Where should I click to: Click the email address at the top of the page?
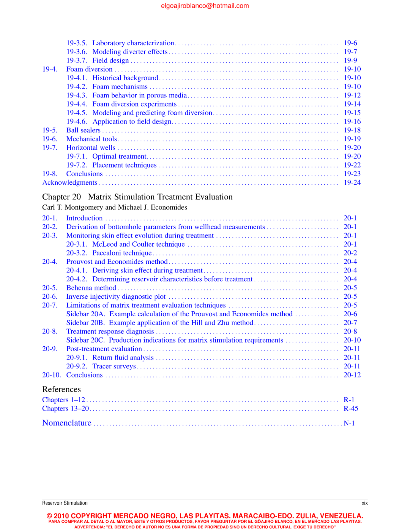coord(205,6)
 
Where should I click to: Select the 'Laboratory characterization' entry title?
coord(133,43)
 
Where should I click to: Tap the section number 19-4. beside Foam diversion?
coord(50,69)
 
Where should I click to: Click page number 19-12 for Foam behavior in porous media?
coord(352,95)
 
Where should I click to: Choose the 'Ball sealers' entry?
coord(83,130)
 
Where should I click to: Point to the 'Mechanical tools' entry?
coord(91,139)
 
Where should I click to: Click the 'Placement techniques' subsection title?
coord(124,165)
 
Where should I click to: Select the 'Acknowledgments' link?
coord(70,182)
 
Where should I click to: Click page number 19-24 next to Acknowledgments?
coord(352,182)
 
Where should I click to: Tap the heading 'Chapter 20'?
coord(61,197)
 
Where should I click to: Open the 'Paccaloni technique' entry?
coord(122,253)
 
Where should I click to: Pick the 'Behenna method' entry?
coord(91,288)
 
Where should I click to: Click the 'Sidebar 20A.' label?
coord(85,314)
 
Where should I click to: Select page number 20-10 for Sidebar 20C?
coord(352,340)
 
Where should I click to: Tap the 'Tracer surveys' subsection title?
coord(114,366)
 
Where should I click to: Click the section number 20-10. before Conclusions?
coord(51,375)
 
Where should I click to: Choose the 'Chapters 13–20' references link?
coord(66,409)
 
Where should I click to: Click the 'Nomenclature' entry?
coord(67,423)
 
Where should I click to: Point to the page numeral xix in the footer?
coord(364,503)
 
